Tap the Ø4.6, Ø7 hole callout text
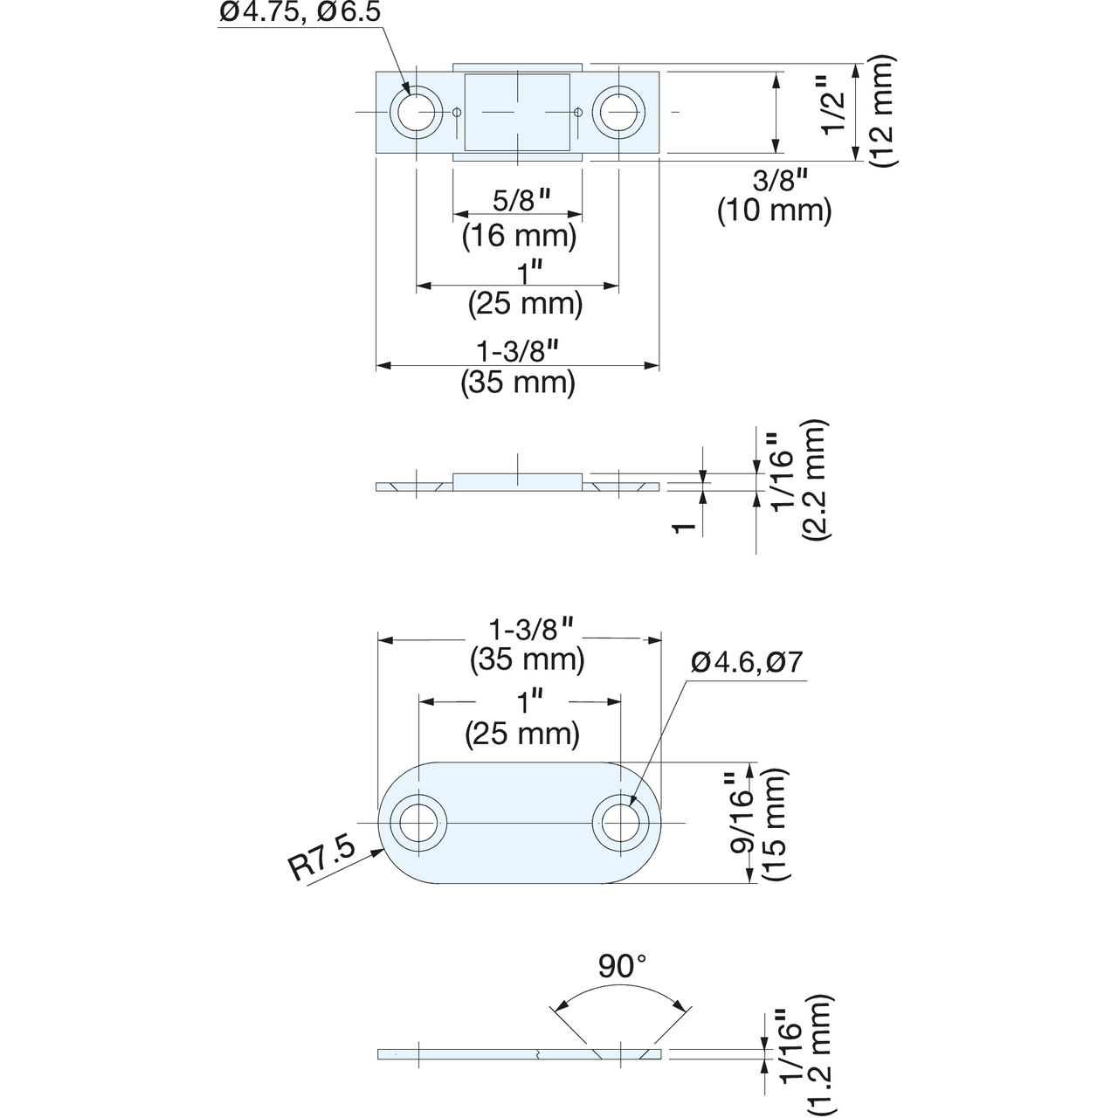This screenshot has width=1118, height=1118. pyautogui.click(x=747, y=662)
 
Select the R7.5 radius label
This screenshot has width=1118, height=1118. pyautogui.click(x=322, y=860)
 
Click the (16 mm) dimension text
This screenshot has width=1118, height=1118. pyautogui.click(x=519, y=236)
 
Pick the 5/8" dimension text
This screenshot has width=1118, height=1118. pyautogui.click(x=521, y=200)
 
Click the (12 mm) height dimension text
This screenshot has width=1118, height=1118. pyautogui.click(x=883, y=112)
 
